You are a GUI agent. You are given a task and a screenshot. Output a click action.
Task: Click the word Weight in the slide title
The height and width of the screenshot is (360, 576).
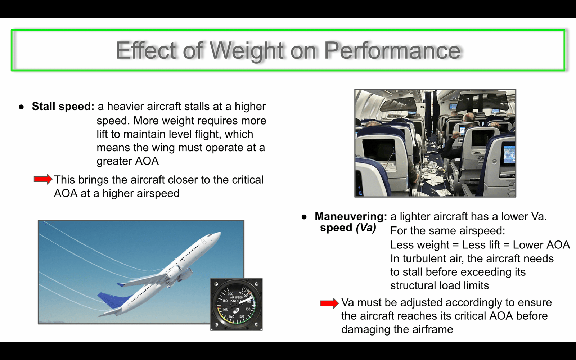pyautogui.click(x=247, y=51)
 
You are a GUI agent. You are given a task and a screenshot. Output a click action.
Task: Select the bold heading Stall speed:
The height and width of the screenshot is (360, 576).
pyautogui.click(x=63, y=107)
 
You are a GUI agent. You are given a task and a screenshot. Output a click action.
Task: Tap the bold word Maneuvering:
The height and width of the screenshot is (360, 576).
pyautogui.click(x=351, y=216)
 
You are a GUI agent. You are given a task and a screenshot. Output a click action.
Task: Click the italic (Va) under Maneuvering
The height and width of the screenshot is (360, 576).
pyautogui.click(x=366, y=228)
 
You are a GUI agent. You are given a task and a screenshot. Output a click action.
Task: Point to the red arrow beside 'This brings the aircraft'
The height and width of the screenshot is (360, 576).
pyautogui.click(x=43, y=179)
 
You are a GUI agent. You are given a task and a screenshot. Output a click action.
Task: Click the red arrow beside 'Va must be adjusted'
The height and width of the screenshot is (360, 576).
pyautogui.click(x=329, y=303)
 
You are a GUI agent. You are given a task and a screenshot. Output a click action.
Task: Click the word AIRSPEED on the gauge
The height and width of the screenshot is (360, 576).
pyautogui.click(x=236, y=297)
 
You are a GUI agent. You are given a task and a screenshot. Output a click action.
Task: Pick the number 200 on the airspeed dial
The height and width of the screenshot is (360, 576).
pyautogui.click(x=230, y=294)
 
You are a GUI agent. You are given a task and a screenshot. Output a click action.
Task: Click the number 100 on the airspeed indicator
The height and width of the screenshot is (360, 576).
pyautogui.click(x=248, y=309)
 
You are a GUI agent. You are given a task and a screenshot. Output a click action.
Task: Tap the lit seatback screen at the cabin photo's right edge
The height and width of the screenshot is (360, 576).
pyautogui.click(x=509, y=154)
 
